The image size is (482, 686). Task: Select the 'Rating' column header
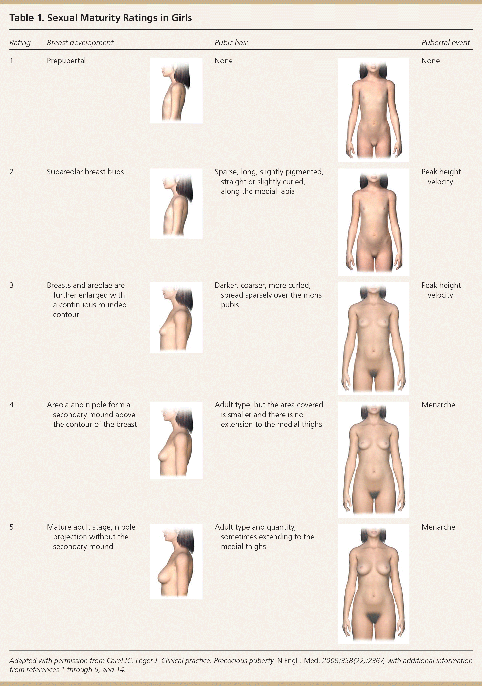pyautogui.click(x=20, y=43)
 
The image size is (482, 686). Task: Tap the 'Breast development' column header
pyautogui.click(x=80, y=43)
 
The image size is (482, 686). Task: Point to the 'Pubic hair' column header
pyautogui.click(x=231, y=43)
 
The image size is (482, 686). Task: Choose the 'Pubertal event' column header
pyautogui.click(x=445, y=43)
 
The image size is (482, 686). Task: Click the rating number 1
pyautogui.click(x=11, y=61)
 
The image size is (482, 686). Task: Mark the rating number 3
pyautogui.click(x=11, y=285)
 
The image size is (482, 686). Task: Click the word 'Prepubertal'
pyautogui.click(x=66, y=61)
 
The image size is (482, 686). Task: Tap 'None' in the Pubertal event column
pyautogui.click(x=431, y=61)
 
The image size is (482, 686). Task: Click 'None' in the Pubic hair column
pyautogui.click(x=224, y=61)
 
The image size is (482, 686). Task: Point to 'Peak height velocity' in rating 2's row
pyautogui.click(x=441, y=177)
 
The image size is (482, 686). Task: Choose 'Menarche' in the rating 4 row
pyautogui.click(x=438, y=405)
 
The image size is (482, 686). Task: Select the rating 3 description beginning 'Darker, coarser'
pyautogui.click(x=268, y=295)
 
